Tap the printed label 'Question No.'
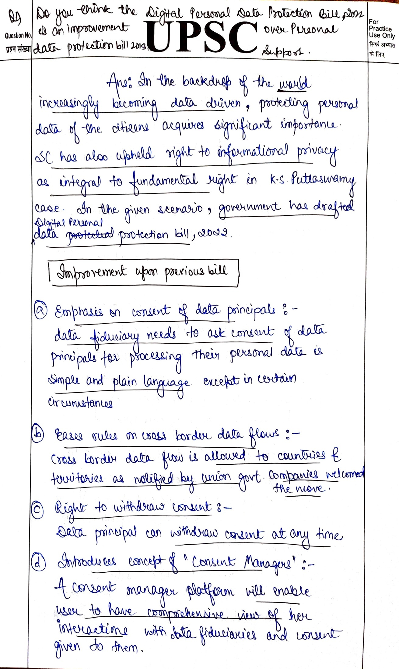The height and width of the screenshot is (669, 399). click(x=18, y=35)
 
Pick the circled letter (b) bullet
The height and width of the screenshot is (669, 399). click(x=38, y=434)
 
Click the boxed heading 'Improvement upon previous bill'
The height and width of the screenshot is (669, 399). click(x=143, y=272)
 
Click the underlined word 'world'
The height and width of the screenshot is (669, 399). click(x=294, y=84)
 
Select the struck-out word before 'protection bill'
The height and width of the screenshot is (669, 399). click(x=90, y=235)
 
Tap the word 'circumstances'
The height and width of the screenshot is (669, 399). click(x=80, y=403)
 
